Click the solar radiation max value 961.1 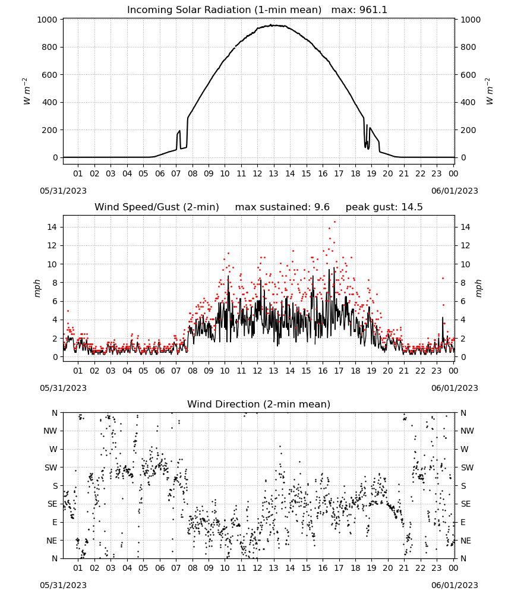[x=373, y=10]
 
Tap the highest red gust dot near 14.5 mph [x=334, y=222]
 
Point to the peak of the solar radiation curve [x=272, y=25]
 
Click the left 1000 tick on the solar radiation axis [x=47, y=20]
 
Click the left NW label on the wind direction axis [x=50, y=431]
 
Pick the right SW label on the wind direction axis [x=467, y=468]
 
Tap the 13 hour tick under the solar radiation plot [x=273, y=173]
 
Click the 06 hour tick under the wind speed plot [x=159, y=371]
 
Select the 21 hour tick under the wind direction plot [x=404, y=568]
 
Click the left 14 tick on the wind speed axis [x=52, y=228]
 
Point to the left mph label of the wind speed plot [x=37, y=288]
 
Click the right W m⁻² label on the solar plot [x=490, y=91]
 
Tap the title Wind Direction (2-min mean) [x=259, y=404]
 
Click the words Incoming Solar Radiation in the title [x=189, y=10]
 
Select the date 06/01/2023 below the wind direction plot [x=454, y=585]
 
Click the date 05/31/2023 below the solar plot [x=63, y=191]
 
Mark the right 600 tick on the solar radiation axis [x=468, y=75]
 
